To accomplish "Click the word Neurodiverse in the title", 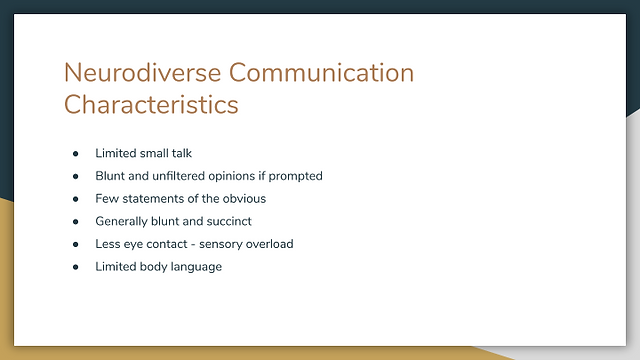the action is tap(142, 73).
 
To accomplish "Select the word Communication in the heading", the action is tap(322, 73).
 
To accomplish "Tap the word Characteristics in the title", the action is tap(151, 104).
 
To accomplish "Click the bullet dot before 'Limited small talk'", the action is tap(76, 154).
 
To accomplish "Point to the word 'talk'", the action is tap(182, 153).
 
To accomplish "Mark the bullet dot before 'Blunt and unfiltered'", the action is tap(76, 177).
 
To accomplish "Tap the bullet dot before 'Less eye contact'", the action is tap(76, 244).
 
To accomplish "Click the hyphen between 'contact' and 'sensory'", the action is tap(193, 245).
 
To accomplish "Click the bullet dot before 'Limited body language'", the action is tap(76, 267).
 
